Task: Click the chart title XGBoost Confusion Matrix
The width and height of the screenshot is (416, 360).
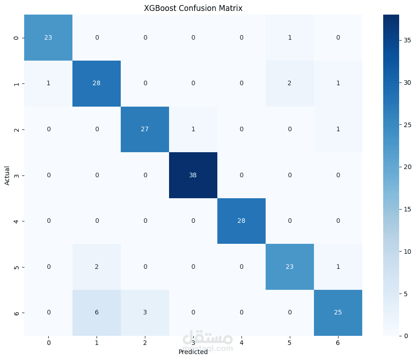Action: [193, 8]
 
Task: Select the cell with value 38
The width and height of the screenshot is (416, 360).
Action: [193, 175]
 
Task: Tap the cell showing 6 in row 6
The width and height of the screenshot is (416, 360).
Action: [97, 313]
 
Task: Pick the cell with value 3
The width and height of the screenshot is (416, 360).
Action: [145, 313]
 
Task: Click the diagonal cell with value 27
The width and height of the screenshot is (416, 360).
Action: [145, 129]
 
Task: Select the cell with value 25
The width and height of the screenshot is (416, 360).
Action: [338, 313]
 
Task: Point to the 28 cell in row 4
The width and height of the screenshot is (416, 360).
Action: [241, 221]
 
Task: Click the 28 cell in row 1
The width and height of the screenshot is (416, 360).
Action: [97, 83]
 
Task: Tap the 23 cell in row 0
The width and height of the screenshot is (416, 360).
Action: [48, 37]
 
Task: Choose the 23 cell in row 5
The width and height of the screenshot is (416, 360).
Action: [290, 267]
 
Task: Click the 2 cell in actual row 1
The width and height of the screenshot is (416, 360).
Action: [290, 83]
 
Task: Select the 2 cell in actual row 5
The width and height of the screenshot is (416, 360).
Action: [97, 267]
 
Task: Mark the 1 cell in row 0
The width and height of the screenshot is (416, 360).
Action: [290, 37]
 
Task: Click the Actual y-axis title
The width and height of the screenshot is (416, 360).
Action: [7, 175]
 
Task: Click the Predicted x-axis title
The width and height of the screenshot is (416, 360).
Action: [193, 352]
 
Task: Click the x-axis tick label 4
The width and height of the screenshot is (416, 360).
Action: [241, 342]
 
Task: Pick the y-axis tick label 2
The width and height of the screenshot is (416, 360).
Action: [17, 129]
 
